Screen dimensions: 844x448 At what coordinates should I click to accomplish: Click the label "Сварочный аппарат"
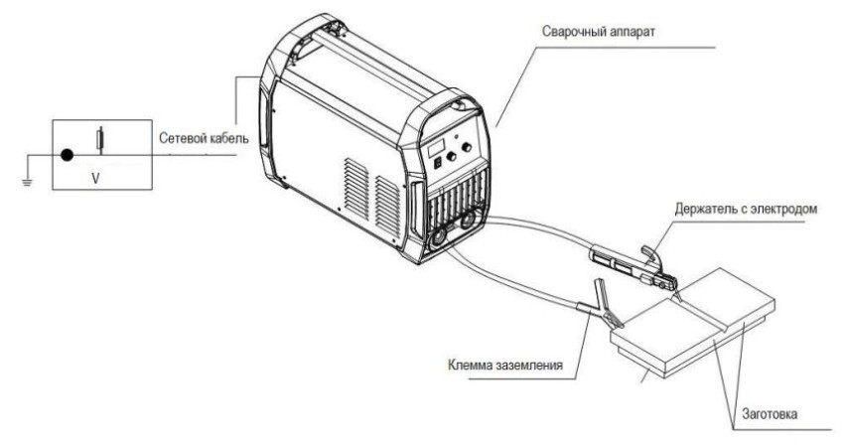(598, 31)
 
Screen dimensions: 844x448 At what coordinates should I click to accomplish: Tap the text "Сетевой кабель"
(204, 138)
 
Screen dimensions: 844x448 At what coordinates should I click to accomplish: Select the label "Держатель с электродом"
(746, 209)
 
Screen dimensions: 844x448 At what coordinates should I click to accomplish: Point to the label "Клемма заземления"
(504, 366)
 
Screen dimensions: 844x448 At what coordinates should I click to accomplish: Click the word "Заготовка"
(770, 414)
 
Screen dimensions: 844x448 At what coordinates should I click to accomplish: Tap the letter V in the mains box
(95, 178)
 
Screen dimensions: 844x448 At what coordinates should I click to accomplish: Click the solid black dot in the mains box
(67, 155)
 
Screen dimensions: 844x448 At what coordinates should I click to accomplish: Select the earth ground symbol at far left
(27, 182)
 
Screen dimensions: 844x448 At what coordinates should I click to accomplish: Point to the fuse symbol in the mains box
(99, 139)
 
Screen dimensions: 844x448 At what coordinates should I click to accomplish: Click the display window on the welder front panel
(435, 149)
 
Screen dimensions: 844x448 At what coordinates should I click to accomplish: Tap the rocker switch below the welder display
(438, 162)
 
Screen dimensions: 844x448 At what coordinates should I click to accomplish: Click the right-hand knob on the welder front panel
(467, 146)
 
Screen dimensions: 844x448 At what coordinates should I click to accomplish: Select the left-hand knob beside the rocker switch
(452, 156)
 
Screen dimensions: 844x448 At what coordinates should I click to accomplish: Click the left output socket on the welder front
(439, 237)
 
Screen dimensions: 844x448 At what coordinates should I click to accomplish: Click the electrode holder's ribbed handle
(615, 260)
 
